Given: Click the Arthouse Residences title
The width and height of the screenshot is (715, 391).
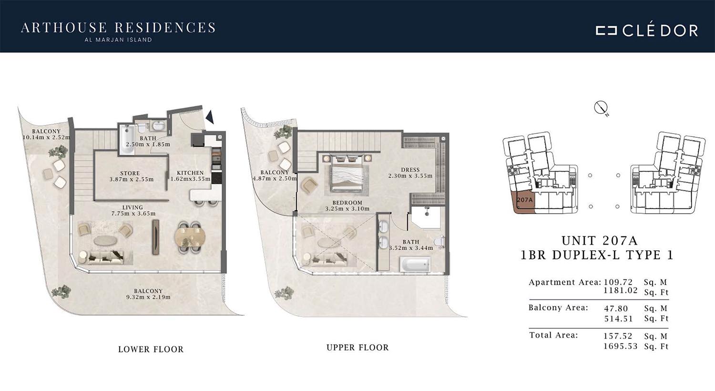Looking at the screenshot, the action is coord(118,28).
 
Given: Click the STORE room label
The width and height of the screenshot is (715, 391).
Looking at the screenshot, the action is coord(130,173).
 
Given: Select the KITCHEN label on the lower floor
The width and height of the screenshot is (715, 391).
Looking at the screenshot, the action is coord(190,173).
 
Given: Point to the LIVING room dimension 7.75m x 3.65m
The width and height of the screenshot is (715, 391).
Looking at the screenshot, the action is coord(133,214).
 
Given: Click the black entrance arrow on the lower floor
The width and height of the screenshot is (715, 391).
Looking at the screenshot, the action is coord(210,117).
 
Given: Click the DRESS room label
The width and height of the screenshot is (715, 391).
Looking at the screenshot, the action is coord(410,170).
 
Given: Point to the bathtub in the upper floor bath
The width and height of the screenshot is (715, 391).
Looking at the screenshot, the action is coord(415,265).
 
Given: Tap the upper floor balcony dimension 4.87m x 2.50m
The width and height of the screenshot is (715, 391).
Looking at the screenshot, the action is coord(275,178).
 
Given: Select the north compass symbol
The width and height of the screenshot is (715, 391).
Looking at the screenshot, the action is coord(601,108).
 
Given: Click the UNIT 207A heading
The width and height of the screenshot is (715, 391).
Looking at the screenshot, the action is coord(600,240).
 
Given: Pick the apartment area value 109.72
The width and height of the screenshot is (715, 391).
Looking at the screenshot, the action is coord(618,282).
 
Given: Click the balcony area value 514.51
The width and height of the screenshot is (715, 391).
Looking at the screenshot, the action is coord(618,319).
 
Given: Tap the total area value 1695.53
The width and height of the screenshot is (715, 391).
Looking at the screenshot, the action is coord(620,346).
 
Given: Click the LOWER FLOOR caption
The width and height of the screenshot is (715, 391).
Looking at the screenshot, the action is coord(151,350).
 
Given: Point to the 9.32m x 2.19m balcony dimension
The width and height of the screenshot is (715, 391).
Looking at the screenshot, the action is coord(148,297).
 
